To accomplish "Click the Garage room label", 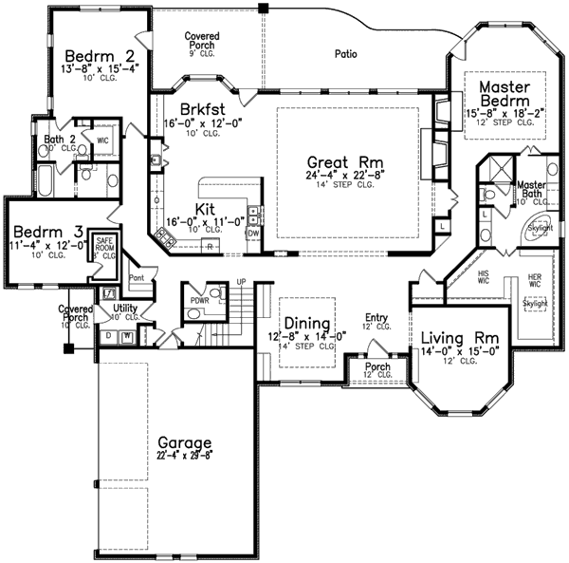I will [x=185, y=442].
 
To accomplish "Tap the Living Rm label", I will [x=460, y=336].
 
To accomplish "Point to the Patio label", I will [x=345, y=54].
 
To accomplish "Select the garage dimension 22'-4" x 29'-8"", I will [x=185, y=455].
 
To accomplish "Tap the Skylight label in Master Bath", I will [x=540, y=229].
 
